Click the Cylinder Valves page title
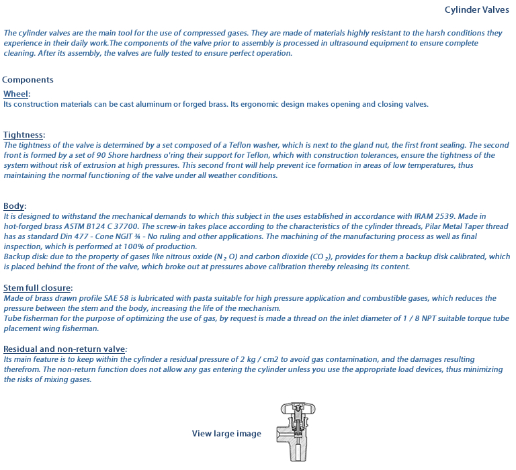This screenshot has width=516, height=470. coord(477,10)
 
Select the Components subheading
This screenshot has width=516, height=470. coord(28,80)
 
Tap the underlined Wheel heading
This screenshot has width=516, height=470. coord(17,94)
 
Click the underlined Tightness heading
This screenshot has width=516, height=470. coord(24,135)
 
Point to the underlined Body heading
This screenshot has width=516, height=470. coord(15,206)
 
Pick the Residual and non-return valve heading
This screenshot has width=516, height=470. coord(64,349)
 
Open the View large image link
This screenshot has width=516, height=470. coord(226,434)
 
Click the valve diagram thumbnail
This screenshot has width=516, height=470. coord(295,432)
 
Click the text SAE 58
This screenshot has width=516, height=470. coord(114,298)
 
